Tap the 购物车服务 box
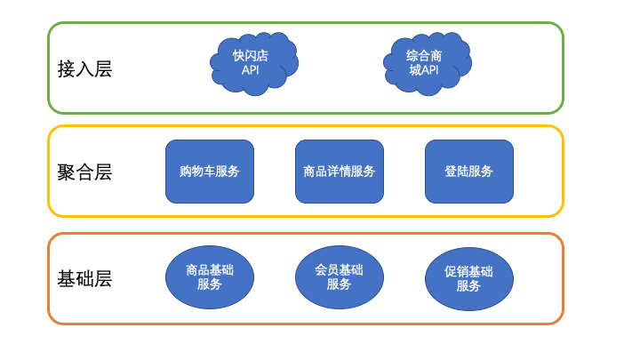pyautogui.click(x=210, y=172)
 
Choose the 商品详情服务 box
pyautogui.click(x=339, y=172)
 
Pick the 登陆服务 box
pyautogui.click(x=468, y=172)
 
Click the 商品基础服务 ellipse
pyautogui.click(x=210, y=276)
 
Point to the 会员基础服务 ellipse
pyautogui.click(x=339, y=276)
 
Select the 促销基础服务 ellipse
pyautogui.click(x=468, y=276)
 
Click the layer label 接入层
pyautogui.click(x=84, y=68)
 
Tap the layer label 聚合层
pyautogui.click(x=84, y=172)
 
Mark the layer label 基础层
pyautogui.click(x=84, y=278)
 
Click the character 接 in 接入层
pyautogui.click(x=66, y=68)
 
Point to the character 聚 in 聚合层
pyautogui.click(x=66, y=172)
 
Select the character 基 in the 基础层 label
pyautogui.click(x=66, y=278)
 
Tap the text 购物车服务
pyautogui.click(x=210, y=172)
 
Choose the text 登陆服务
pyautogui.click(x=468, y=172)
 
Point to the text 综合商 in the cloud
pyautogui.click(x=424, y=56)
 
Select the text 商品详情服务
pyautogui.click(x=339, y=172)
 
